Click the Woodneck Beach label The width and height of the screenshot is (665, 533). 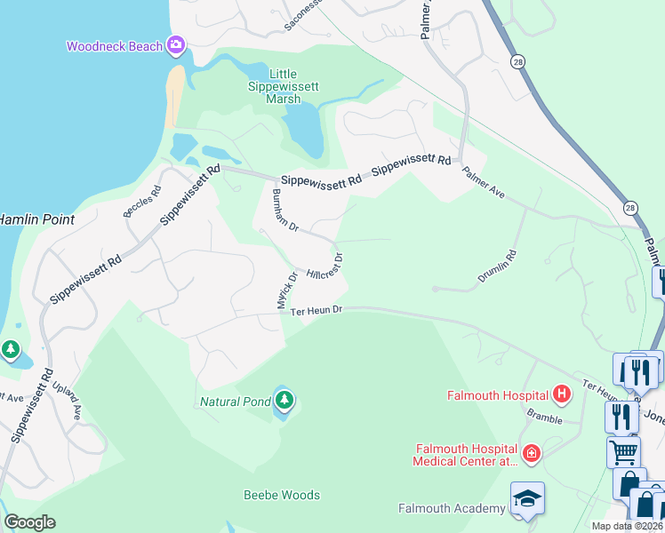click(x=114, y=46)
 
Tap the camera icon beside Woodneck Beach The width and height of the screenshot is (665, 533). click(x=175, y=44)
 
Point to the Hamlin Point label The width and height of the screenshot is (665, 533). click(x=36, y=219)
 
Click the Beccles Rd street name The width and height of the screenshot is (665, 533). click(x=142, y=203)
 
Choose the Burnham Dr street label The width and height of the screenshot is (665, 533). click(x=284, y=210)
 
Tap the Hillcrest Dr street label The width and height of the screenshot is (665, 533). click(x=325, y=266)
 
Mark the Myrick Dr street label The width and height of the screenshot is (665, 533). click(x=284, y=290)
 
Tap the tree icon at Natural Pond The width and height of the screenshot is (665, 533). click(x=284, y=401)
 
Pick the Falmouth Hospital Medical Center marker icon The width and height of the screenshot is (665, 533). click(x=531, y=454)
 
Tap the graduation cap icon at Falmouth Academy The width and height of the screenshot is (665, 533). click(x=527, y=500)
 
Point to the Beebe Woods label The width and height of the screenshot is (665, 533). click(x=282, y=495)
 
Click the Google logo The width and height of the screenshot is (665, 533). click(x=29, y=522)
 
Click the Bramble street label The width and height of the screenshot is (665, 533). click(x=546, y=415)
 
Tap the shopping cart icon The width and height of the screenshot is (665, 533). click(x=622, y=451)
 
